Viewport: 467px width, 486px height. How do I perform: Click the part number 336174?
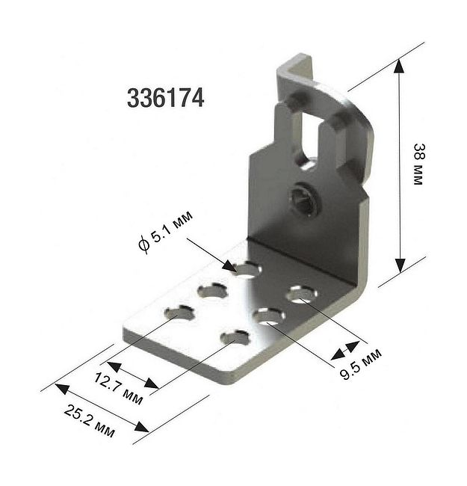point(165,98)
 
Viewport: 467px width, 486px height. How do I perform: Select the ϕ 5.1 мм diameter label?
point(165,231)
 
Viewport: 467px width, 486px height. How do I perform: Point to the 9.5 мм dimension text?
point(361,365)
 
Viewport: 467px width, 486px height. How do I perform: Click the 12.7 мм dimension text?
point(118,388)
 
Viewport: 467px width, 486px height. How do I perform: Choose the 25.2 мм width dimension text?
point(89,421)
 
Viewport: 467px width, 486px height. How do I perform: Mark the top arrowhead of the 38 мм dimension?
point(400,66)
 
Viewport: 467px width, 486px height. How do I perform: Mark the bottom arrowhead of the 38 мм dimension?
point(400,265)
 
